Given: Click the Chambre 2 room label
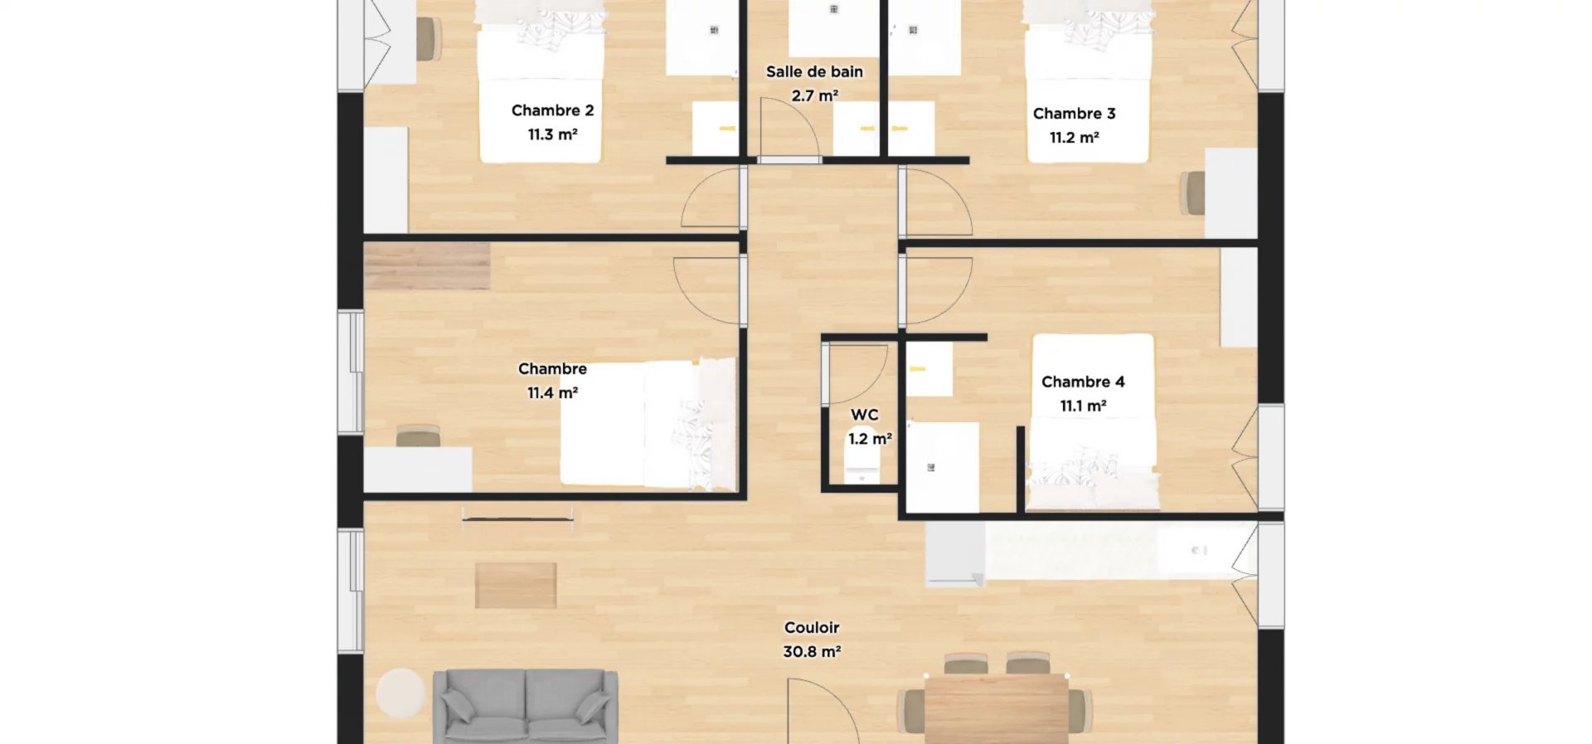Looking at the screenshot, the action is (552, 110).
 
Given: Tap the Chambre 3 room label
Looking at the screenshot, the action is (1074, 114).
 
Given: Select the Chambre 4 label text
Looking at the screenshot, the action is (1083, 382).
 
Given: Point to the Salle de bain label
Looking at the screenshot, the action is (814, 72).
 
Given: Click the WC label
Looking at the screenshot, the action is (864, 415).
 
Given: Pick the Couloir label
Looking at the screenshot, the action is (812, 628).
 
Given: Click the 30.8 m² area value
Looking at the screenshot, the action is (812, 652).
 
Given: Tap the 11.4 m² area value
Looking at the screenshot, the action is (552, 393).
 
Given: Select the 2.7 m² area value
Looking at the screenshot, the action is (814, 96).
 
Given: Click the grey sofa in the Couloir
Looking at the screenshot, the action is (526, 706).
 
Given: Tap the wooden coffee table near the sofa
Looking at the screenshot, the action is (516, 586).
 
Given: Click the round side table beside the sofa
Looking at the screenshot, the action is (400, 693).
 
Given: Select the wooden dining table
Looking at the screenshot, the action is (996, 710).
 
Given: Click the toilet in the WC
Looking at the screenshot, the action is (862, 465).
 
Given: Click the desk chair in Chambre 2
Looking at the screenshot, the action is (429, 39).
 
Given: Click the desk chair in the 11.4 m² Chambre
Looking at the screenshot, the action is (418, 435).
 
